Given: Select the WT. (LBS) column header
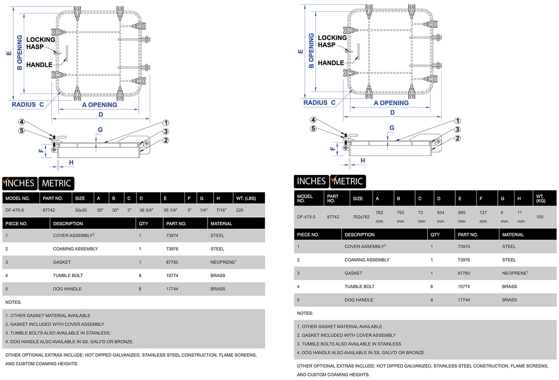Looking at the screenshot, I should (247, 199).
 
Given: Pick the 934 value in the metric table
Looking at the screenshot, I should (441, 212).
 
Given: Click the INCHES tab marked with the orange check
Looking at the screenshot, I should (19, 183).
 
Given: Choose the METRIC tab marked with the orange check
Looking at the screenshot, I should (348, 181).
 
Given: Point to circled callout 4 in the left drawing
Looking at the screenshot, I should (21, 122).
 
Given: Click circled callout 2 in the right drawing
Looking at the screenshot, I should (458, 138).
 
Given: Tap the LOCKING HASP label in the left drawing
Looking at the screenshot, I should (41, 43).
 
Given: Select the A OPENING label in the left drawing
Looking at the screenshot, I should (99, 105).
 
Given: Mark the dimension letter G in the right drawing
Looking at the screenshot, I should (392, 128).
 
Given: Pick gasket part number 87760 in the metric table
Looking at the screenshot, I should (464, 273).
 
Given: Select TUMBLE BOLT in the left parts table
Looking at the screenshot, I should (68, 275).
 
